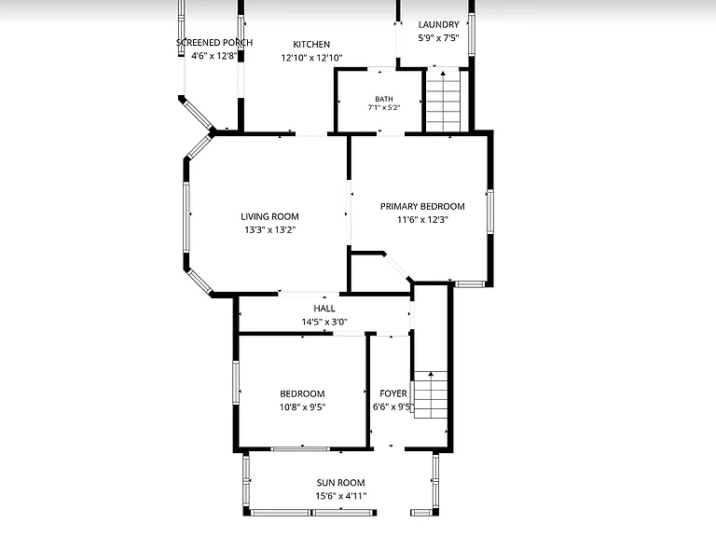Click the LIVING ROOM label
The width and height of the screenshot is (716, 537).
tap(269, 216)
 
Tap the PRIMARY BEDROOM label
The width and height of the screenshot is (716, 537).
tap(422, 206)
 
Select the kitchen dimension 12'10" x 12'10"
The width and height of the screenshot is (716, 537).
tap(312, 58)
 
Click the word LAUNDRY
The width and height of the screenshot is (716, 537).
tap(438, 24)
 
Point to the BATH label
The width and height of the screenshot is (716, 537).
tap(384, 99)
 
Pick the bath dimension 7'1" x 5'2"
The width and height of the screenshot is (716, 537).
tap(384, 108)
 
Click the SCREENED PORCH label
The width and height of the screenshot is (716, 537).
tap(214, 43)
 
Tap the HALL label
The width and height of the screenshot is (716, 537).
tap(324, 309)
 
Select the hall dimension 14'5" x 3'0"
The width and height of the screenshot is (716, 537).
tap(324, 322)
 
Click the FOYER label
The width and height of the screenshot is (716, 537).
tap(393, 393)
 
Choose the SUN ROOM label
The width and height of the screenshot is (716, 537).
tap(340, 483)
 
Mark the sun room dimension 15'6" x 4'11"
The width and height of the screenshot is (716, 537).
tap(340, 496)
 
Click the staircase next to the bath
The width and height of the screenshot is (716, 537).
tap(443, 101)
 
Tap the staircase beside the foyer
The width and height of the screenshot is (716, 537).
tap(431, 394)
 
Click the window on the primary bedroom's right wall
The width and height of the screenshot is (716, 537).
tap(490, 212)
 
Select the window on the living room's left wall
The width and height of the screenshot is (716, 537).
tap(186, 216)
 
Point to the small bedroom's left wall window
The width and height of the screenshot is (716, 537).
tap(236, 382)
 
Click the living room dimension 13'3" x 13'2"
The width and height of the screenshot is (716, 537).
tap(269, 229)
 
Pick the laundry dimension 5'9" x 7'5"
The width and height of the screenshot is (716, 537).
tap(438, 38)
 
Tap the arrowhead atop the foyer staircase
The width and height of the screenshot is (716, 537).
tap(431, 374)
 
